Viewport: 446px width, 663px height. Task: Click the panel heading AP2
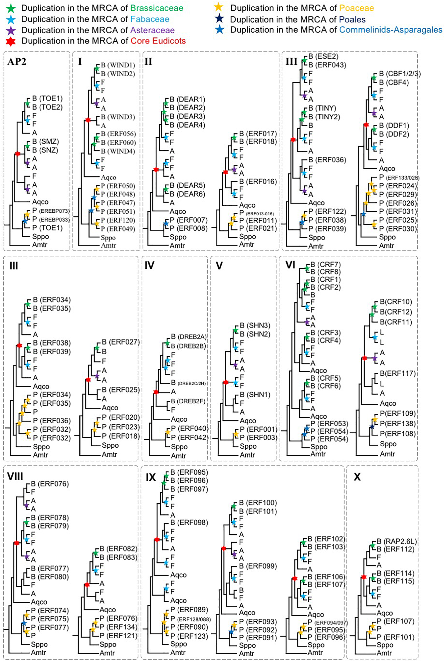pos(17,62)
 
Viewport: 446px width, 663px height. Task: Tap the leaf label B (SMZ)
pos(45,142)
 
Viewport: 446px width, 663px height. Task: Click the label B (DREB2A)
pos(188,337)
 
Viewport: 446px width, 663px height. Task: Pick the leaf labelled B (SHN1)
pos(255,395)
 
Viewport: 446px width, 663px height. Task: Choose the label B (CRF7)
pos(325,265)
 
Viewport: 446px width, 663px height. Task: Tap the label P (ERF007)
pos(188,220)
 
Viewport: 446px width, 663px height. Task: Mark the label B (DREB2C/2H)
pos(188,383)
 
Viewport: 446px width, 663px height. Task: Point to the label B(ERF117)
pos(398,373)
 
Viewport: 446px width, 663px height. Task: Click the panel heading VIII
pos(15,476)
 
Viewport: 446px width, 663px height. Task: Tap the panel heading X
pos(357,477)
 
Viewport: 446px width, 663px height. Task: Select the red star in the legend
pos(11,41)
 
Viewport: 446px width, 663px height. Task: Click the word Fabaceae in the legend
pos(150,19)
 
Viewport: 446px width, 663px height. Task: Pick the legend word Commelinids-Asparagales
pos(390,30)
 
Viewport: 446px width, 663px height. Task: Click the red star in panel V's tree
pos(226,382)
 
